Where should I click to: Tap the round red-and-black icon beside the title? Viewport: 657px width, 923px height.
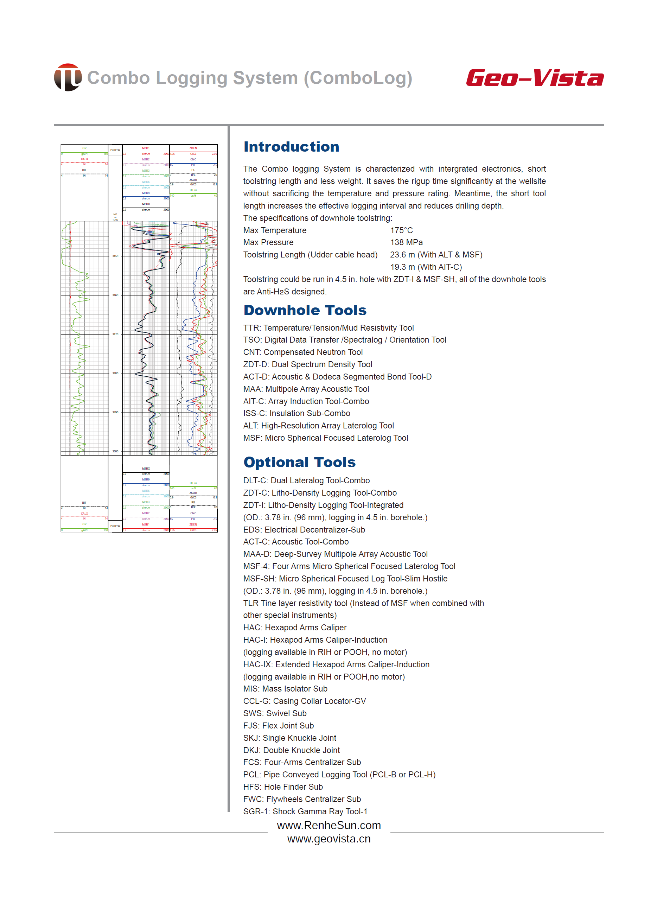tap(68, 77)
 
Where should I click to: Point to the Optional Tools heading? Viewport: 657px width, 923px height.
tap(299, 462)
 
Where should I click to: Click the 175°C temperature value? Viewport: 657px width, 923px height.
tap(401, 230)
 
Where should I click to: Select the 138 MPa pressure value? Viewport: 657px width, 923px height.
tap(406, 242)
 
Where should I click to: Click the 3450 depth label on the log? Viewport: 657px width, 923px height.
tap(115, 256)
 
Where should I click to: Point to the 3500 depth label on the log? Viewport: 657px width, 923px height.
tap(115, 451)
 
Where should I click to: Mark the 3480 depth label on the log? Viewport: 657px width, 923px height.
tap(115, 373)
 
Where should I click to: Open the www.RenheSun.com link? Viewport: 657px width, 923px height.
tap(328, 825)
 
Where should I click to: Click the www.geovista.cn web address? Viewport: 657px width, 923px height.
tap(328, 839)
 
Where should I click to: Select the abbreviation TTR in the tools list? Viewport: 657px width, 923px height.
tap(251, 328)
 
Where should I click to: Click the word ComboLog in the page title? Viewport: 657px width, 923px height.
tap(358, 78)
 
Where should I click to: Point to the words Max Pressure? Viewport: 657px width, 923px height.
tap(268, 242)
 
